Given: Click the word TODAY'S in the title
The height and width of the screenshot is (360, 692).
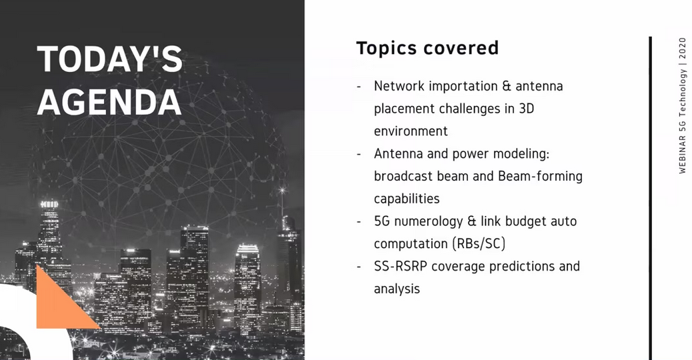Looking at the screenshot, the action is click(x=109, y=59).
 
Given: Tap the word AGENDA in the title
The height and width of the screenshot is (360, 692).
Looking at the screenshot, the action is click(x=109, y=102).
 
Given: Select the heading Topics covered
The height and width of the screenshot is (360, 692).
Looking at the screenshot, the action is click(x=427, y=47).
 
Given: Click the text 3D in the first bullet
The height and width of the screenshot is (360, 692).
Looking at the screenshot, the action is click(x=527, y=108).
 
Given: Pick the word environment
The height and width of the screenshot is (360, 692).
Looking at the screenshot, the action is click(x=411, y=131).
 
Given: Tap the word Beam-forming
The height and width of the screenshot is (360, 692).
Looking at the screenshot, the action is click(x=540, y=176).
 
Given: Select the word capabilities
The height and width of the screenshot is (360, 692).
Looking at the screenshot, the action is click(x=407, y=199).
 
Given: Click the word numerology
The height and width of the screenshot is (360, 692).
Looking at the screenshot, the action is click(x=428, y=221).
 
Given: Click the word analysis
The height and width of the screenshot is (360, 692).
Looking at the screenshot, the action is click(x=397, y=289).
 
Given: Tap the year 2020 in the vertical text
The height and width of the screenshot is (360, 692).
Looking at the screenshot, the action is click(x=682, y=49).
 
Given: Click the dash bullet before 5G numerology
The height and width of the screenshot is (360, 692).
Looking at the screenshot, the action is click(x=359, y=221).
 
